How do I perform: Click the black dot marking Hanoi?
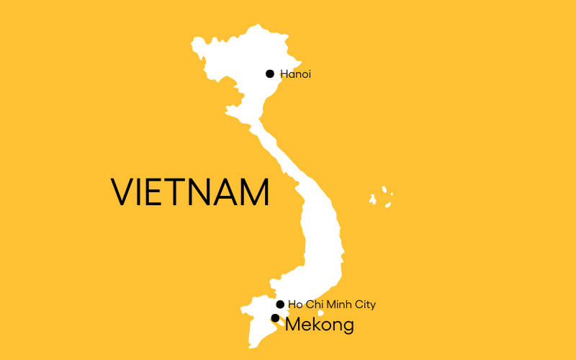pos(270,73)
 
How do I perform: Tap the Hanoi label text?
pos(296,74)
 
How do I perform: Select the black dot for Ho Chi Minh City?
pos(280,305)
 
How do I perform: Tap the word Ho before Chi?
pos(294,305)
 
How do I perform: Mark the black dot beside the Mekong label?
pos(275,318)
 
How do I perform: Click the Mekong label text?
pos(320,325)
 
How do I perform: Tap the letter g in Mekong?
pos(347,328)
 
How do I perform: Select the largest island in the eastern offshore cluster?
pos(374,197)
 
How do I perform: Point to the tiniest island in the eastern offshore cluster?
pos(392,194)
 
